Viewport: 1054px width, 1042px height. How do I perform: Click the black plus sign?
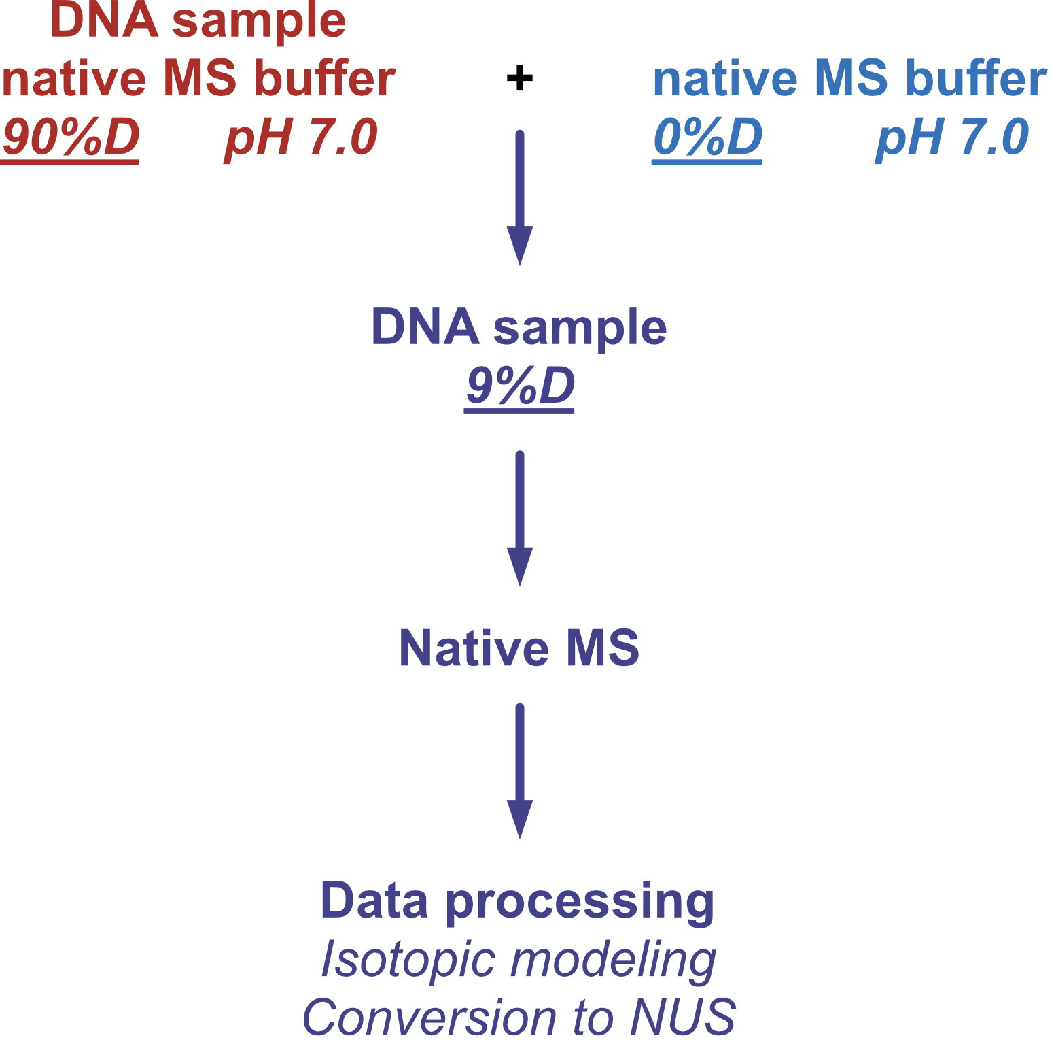520,78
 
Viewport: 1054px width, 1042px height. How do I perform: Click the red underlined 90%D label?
71,137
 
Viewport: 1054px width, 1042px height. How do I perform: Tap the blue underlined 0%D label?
707,137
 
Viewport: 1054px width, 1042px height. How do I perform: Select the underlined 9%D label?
520,386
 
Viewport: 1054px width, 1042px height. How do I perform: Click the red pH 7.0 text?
301,137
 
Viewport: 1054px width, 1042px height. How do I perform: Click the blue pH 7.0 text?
952,137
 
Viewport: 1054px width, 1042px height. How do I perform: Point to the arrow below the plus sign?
520,197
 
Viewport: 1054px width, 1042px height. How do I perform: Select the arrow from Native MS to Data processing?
520,771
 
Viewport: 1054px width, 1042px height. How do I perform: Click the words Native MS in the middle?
519,648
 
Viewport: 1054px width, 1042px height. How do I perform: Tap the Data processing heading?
518,901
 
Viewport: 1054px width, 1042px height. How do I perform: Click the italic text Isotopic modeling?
519,960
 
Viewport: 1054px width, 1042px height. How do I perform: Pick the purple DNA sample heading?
519,328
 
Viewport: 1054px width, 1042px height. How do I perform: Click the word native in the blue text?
725,80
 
